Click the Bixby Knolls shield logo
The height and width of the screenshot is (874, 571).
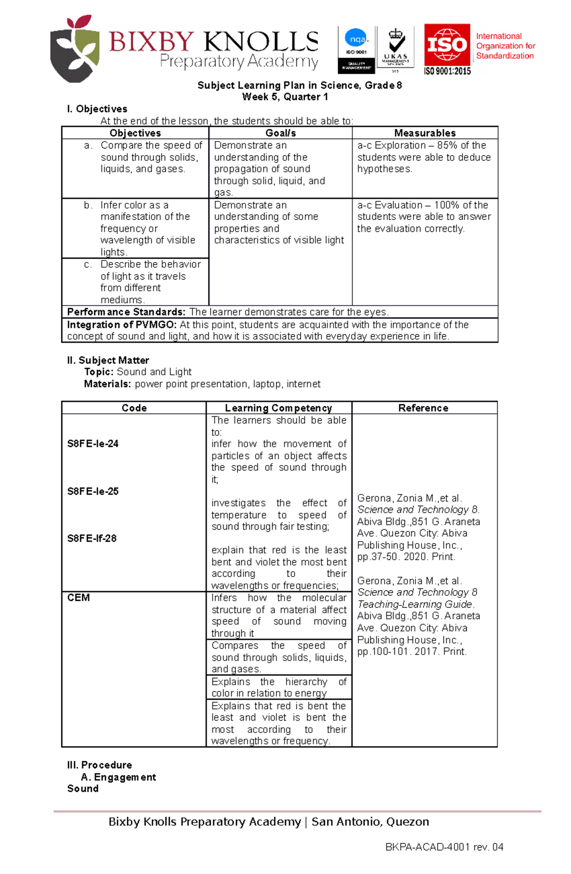pyautogui.click(x=75, y=50)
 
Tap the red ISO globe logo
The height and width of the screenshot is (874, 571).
pyautogui.click(x=447, y=45)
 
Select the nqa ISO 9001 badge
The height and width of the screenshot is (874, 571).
pyautogui.click(x=356, y=50)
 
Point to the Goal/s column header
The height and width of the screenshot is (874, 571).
pyautogui.click(x=281, y=133)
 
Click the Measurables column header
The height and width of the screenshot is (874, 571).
pyautogui.click(x=425, y=133)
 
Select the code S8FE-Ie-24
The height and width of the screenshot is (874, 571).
pyautogui.click(x=93, y=444)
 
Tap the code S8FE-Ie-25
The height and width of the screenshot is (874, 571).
pyautogui.click(x=93, y=492)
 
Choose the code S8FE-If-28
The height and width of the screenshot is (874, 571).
pyautogui.click(x=92, y=539)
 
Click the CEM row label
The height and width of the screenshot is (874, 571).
pyautogui.click(x=79, y=598)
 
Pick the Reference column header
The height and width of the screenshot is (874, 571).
pyautogui.click(x=423, y=408)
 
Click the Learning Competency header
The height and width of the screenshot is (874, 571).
pyautogui.click(x=278, y=408)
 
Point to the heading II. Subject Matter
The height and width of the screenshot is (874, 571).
pyautogui.click(x=108, y=361)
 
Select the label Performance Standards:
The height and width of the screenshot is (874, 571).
pyautogui.click(x=126, y=312)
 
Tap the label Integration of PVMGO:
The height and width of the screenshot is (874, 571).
pyautogui.click(x=122, y=325)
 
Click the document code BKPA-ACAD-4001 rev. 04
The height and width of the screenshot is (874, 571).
pyautogui.click(x=444, y=847)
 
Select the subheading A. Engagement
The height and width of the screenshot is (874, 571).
pyautogui.click(x=118, y=777)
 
